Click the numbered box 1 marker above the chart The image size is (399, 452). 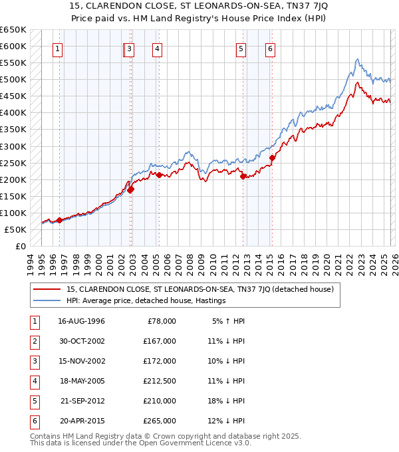59,48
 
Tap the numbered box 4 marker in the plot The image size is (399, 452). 156,48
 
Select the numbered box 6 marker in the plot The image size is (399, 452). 271,48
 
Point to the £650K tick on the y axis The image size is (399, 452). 13,30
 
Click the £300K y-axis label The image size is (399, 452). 13,146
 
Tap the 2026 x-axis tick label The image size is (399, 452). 394,263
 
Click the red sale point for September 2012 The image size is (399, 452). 243,176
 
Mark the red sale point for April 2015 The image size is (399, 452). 272,158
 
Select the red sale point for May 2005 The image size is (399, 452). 159,175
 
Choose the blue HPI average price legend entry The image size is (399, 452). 146,300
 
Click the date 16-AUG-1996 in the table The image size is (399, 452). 81,321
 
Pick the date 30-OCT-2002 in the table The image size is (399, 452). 81,341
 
